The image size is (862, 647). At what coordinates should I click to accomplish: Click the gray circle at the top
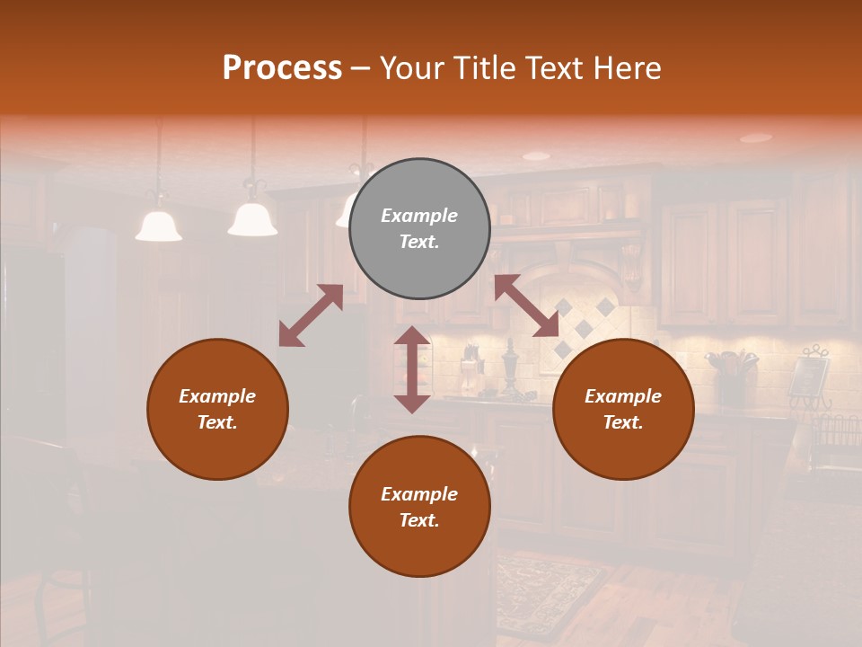pyautogui.click(x=419, y=229)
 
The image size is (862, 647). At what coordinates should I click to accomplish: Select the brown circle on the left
pyautogui.click(x=217, y=409)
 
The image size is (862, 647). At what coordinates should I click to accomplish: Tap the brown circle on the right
pyautogui.click(x=623, y=409)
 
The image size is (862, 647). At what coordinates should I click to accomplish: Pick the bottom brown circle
pyautogui.click(x=419, y=507)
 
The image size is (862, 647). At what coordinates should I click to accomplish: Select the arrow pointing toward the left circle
pyautogui.click(x=311, y=315)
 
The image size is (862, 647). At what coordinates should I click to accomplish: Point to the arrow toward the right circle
pyautogui.click(x=526, y=306)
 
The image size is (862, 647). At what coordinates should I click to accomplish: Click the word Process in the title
pyautogui.click(x=282, y=67)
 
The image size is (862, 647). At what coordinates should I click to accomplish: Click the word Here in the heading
pyautogui.click(x=625, y=67)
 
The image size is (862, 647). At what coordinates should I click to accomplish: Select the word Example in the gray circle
pyautogui.click(x=419, y=216)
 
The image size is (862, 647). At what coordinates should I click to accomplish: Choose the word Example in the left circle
pyautogui.click(x=217, y=396)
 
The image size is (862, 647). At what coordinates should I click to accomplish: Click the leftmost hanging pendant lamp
pyautogui.click(x=159, y=225)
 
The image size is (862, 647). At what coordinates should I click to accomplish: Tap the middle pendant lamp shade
pyautogui.click(x=252, y=219)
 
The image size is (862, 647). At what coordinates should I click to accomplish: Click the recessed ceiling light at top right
pyautogui.click(x=756, y=137)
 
